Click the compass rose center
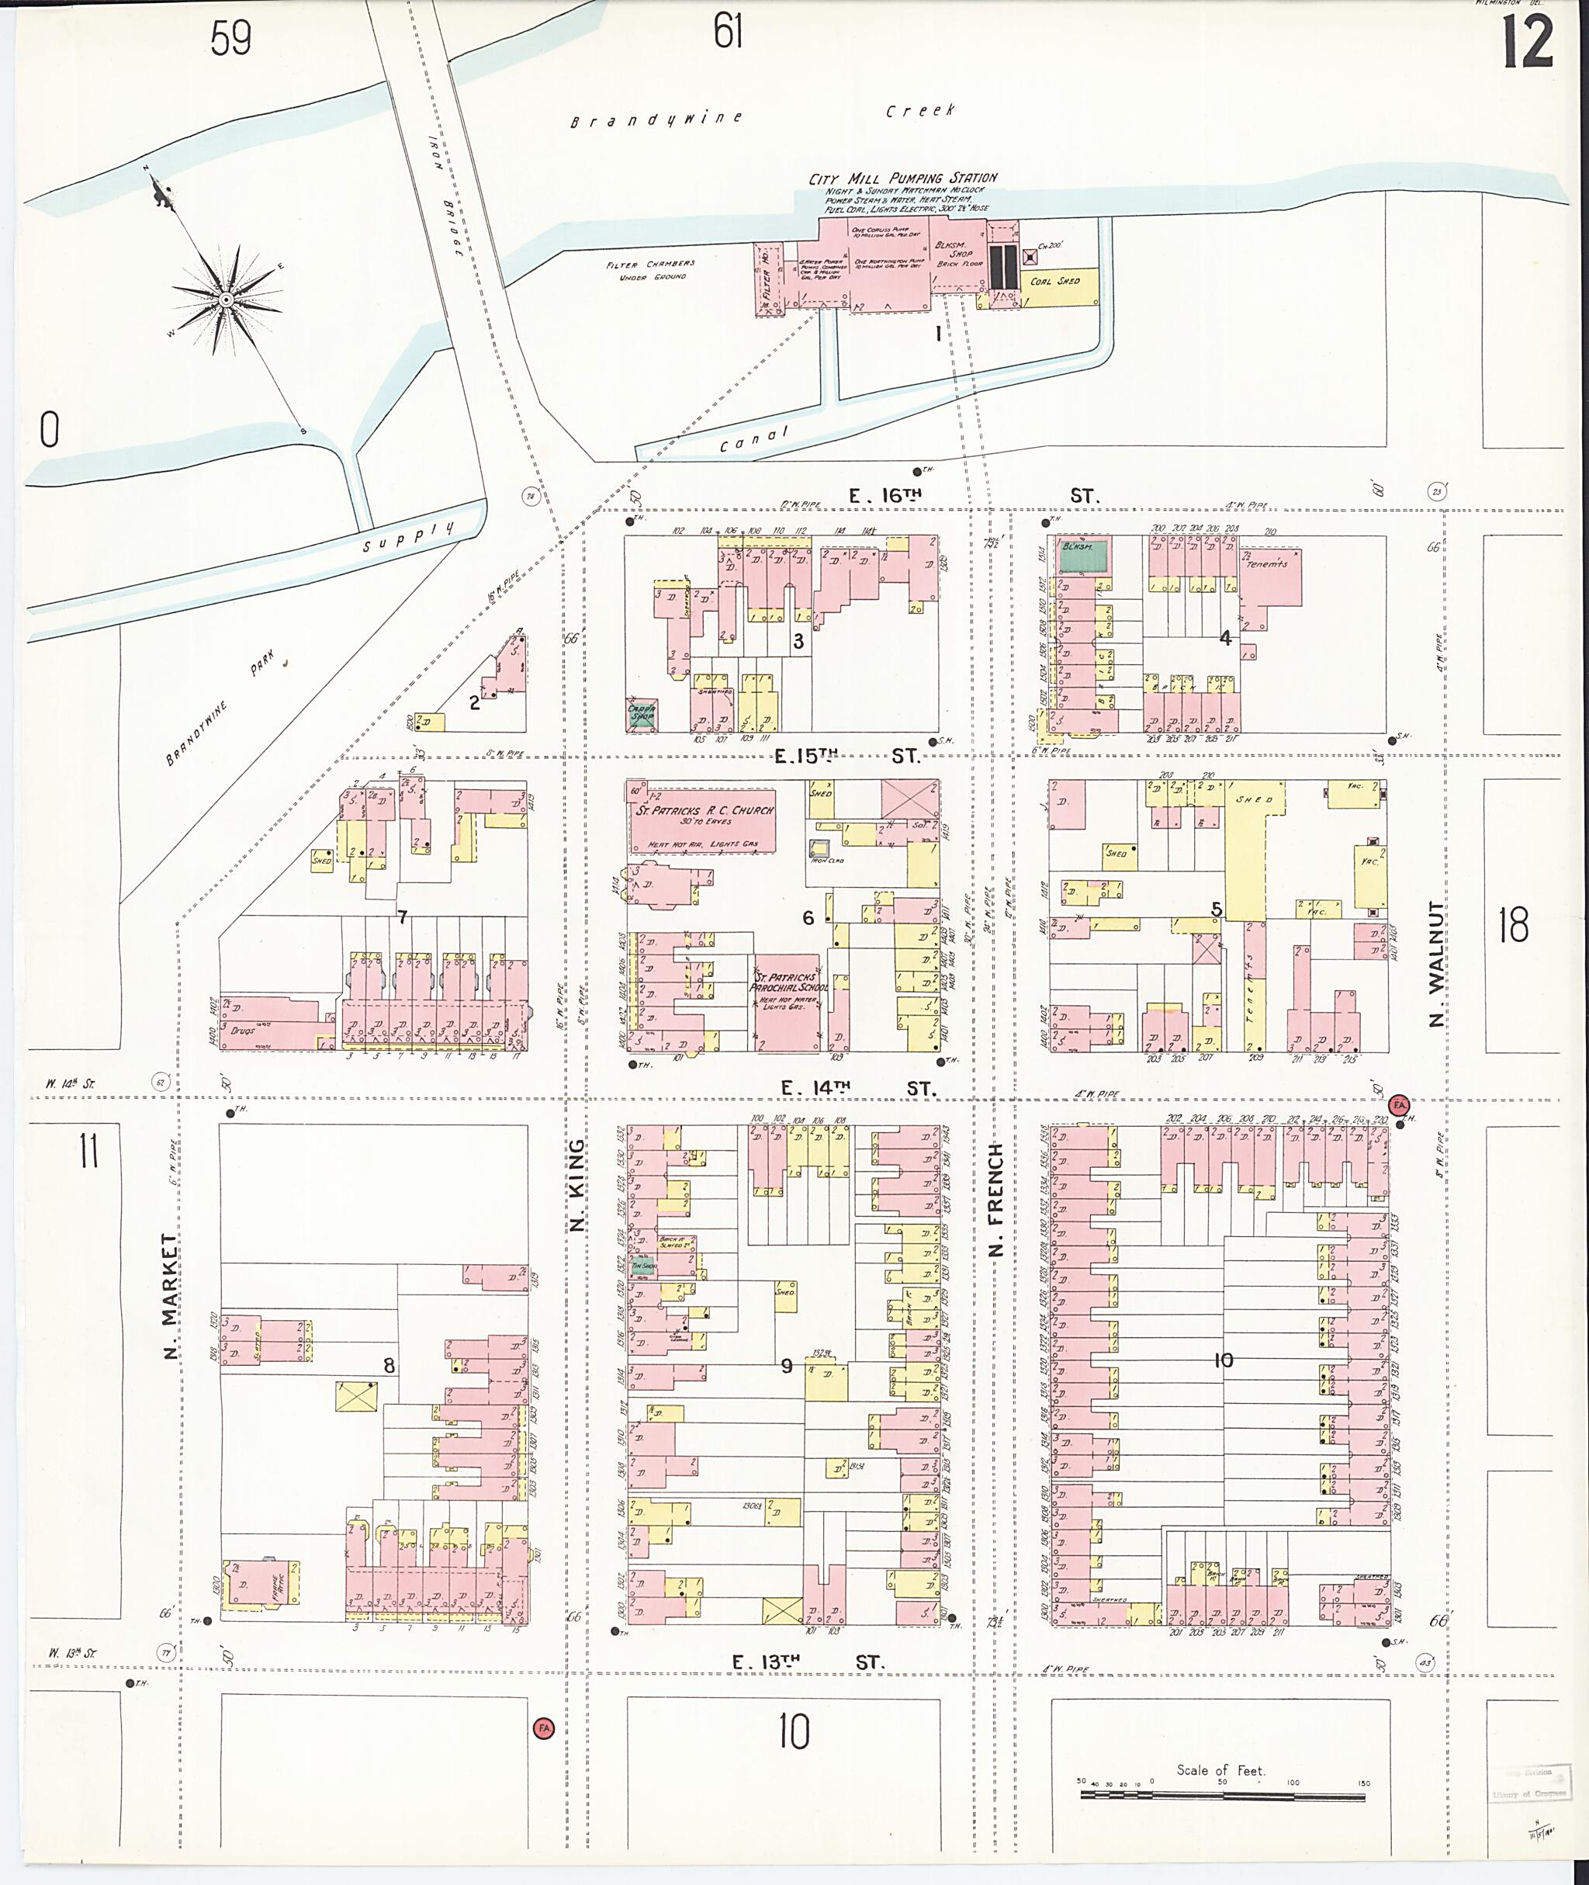pos(226,298)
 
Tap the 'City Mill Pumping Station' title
pos(902,178)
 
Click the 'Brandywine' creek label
pos(656,120)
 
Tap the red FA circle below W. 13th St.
pos(542,1728)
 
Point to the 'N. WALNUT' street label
pos(1437,963)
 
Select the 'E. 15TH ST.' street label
pos(846,756)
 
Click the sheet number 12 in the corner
pos(1528,43)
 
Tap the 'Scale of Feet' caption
pos(1220,1771)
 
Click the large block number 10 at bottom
pos(794,1732)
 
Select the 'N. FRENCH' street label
pos(995,1199)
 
